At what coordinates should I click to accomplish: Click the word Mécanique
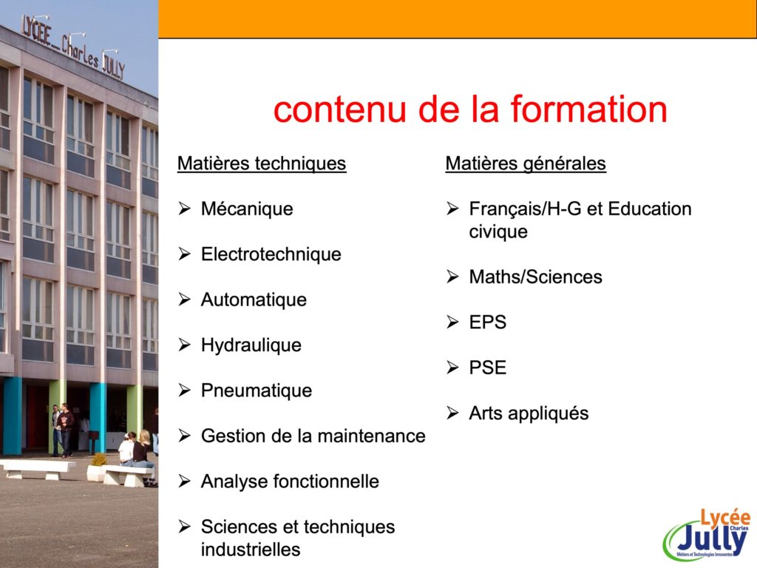click(x=247, y=209)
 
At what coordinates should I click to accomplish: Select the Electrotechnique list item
click(x=271, y=254)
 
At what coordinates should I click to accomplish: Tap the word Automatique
click(x=254, y=300)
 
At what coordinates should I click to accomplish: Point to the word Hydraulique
click(x=251, y=345)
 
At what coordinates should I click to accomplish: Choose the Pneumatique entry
click(x=257, y=390)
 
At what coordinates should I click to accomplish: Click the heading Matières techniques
click(x=262, y=163)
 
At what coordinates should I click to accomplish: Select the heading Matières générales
click(x=526, y=163)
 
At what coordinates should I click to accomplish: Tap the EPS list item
click(x=488, y=322)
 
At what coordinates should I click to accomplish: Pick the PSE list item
click(x=488, y=368)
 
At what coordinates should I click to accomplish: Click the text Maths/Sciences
click(x=535, y=277)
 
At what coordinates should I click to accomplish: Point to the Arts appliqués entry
click(x=529, y=413)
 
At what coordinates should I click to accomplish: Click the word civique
click(x=498, y=231)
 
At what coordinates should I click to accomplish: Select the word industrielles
click(x=251, y=550)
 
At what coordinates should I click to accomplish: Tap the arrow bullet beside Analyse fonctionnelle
click(x=184, y=481)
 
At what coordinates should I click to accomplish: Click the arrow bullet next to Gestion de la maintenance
click(x=184, y=436)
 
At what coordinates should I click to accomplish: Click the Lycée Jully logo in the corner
click(x=707, y=535)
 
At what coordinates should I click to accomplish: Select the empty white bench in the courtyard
click(x=38, y=469)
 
